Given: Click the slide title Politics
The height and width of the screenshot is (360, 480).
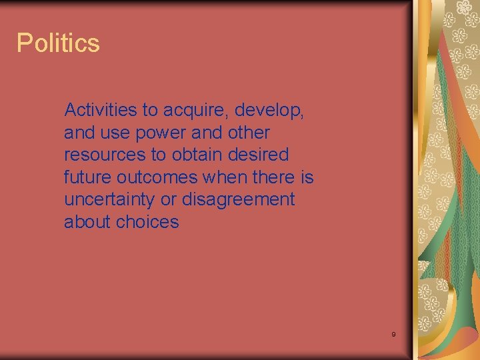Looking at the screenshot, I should tap(58, 43).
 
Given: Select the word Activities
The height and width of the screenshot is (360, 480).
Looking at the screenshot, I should tap(101, 110).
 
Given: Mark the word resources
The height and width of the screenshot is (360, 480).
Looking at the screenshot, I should tap(105, 155).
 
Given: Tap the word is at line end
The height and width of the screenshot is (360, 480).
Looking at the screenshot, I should tap(307, 177).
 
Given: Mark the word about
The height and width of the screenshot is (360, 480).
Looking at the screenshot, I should tap(87, 222).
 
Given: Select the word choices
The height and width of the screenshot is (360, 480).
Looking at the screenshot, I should tap(147, 222).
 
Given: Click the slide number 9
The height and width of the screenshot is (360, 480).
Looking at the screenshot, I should tap(393, 334).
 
